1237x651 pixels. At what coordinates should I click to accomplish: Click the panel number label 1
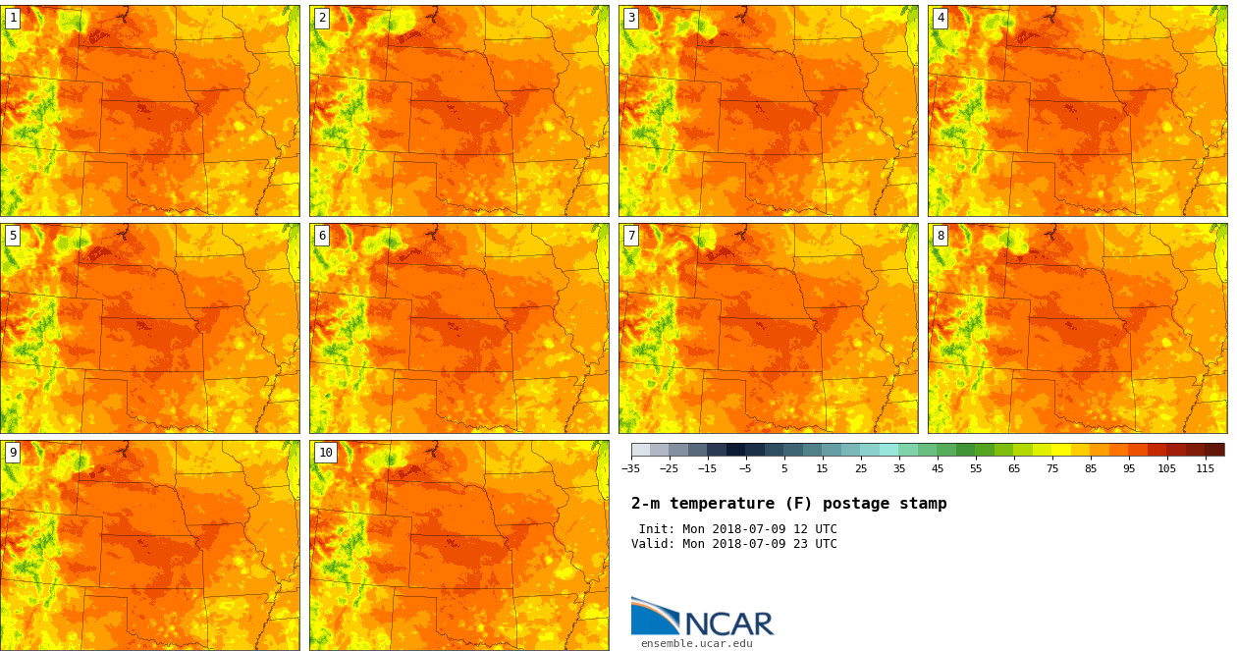pos(13,18)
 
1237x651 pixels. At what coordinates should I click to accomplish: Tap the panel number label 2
pos(322,18)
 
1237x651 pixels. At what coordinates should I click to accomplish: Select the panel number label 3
pos(631,18)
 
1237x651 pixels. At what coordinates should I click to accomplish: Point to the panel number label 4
pos(941,18)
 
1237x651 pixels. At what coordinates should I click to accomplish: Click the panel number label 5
pos(13,236)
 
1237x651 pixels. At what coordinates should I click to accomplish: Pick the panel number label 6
pos(322,236)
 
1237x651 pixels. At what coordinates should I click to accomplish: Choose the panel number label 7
pos(631,236)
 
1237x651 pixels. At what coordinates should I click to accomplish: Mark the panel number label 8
pos(941,236)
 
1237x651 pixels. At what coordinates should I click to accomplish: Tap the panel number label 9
pos(13,453)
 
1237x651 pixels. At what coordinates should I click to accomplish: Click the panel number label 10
pos(326,453)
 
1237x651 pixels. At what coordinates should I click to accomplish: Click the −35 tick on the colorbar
pos(631,468)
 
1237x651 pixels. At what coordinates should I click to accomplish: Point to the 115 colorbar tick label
pos(1205,468)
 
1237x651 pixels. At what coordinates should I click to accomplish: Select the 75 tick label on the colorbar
pos(1051,468)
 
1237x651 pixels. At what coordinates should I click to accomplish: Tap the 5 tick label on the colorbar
pos(783,468)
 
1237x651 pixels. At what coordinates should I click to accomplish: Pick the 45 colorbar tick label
pos(937,468)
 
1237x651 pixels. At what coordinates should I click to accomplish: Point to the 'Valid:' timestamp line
pos(733,544)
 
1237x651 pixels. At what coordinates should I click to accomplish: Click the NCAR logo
pos(702,618)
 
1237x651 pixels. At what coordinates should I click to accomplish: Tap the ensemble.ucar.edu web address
pos(696,644)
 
